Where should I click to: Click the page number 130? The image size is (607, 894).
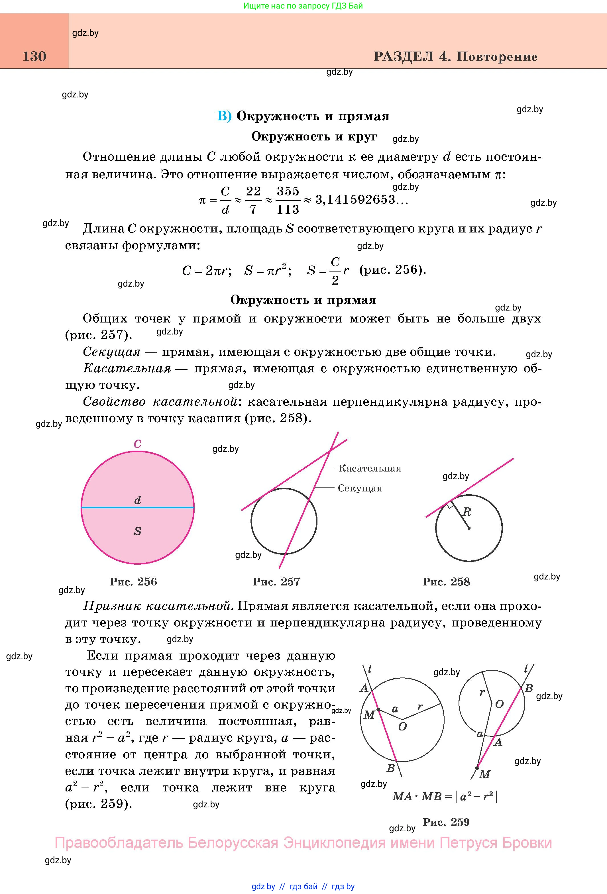[x=34, y=56]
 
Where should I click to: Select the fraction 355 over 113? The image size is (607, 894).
[x=288, y=200]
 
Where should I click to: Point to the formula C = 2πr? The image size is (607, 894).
[x=207, y=271]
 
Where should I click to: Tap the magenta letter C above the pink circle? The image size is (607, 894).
[x=137, y=444]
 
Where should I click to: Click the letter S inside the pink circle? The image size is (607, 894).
[x=137, y=531]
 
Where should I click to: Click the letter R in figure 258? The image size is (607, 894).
[x=467, y=512]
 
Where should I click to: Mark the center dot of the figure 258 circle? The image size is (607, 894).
[x=469, y=528]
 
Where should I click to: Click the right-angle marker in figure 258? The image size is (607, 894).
[x=449, y=505]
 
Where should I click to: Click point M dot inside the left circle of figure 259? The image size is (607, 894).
[x=378, y=709]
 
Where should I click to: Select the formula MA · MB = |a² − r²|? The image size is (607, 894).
[x=445, y=796]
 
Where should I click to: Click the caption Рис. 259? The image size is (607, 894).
[x=446, y=822]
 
